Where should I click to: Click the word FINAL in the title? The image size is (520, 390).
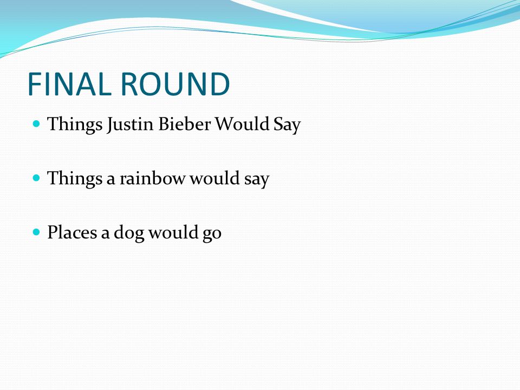point(69,84)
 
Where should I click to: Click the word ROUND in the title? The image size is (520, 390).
point(175,84)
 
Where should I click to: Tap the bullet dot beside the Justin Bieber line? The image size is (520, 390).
point(36,124)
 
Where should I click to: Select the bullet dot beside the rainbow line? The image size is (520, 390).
point(36,178)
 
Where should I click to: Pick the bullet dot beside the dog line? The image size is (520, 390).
point(36,232)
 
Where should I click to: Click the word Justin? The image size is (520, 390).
point(130,125)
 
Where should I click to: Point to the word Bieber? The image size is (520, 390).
point(184,124)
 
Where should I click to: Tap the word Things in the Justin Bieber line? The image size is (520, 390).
point(75,125)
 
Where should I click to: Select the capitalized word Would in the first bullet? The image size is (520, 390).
point(242,124)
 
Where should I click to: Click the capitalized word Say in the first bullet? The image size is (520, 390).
point(287,125)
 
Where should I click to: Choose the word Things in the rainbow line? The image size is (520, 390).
point(75,179)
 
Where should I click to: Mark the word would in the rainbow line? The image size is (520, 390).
point(214,178)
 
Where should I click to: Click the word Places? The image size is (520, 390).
point(72,232)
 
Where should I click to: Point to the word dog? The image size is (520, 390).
point(129,233)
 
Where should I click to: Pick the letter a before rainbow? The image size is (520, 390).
point(110,180)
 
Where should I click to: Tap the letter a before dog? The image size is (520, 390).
point(105,234)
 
